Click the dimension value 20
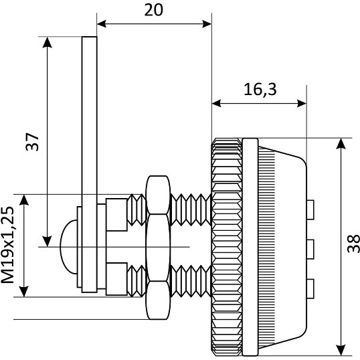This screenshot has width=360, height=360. pyautogui.click(x=154, y=10)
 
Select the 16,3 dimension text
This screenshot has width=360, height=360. pyautogui.click(x=260, y=89)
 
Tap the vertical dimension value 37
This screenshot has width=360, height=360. pyautogui.click(x=32, y=142)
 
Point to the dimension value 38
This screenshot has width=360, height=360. pyautogui.click(x=353, y=244)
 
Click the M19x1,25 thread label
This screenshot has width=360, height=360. pyautogui.click(x=7, y=245)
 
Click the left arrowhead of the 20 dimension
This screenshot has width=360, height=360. pyautogui.click(x=102, y=23)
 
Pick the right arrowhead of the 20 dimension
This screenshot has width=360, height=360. pyautogui.click(x=207, y=23)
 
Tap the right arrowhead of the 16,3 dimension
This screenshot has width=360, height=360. pyautogui.click(x=302, y=103)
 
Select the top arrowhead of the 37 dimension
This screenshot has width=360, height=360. pyautogui.click(x=47, y=42)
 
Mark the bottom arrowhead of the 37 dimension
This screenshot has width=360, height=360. pyautogui.click(x=47, y=242)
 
